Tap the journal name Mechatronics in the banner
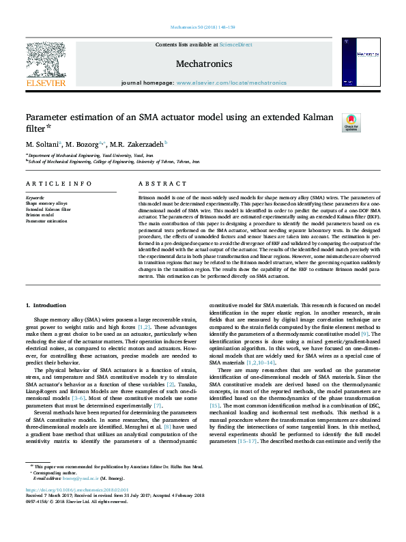pos(204,64)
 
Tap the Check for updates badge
pos(351,123)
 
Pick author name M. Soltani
pos(42,144)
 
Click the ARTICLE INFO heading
pos(59,184)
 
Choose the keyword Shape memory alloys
pos(46,203)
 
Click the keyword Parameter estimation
pos(46,221)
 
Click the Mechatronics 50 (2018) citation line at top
pos(203,27)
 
